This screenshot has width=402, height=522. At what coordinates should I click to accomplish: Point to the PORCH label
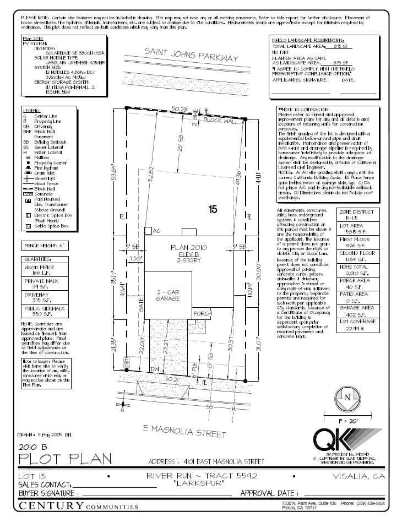[203, 313]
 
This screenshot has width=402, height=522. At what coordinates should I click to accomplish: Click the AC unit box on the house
[149, 231]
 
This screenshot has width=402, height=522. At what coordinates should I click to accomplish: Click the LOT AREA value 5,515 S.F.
[357, 232]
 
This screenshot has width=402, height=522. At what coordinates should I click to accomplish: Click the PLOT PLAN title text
[65, 458]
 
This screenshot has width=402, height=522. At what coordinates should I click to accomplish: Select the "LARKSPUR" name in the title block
[199, 483]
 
